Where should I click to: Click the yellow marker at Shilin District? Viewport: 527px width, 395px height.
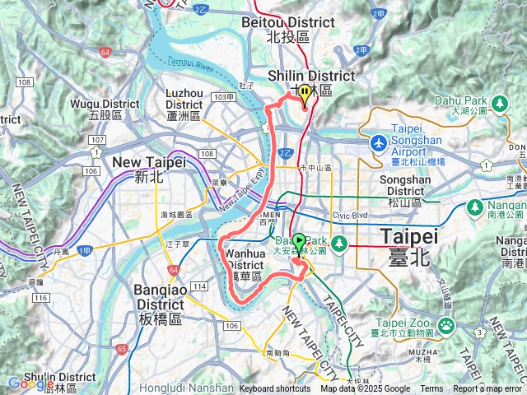[305, 93]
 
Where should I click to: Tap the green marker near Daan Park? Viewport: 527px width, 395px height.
[299, 241]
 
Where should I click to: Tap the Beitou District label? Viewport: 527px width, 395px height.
[287, 30]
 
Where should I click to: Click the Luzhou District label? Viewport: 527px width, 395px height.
[184, 105]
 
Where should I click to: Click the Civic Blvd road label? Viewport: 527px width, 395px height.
[352, 216]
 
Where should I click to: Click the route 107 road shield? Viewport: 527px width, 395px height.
[96, 141]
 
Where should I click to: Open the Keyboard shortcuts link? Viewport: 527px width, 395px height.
[275, 389]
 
